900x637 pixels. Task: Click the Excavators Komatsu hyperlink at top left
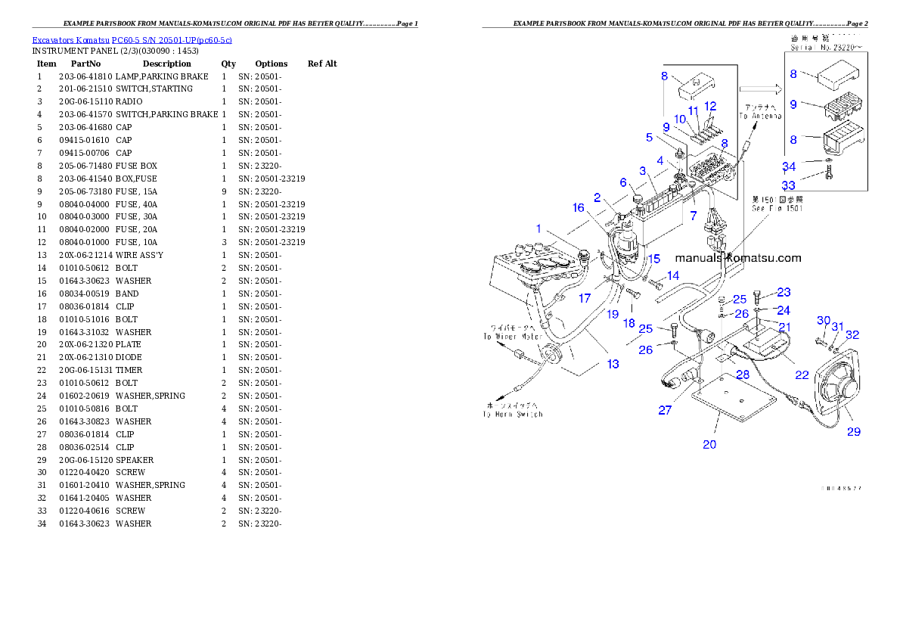click(x=132, y=39)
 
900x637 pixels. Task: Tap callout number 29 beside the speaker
click(x=853, y=432)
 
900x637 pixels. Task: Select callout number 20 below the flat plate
click(x=709, y=444)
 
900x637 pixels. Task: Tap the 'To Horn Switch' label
click(x=514, y=414)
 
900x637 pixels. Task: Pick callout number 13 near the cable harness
click(x=613, y=364)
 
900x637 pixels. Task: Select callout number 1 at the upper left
click(x=539, y=228)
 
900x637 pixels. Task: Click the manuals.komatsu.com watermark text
click(x=737, y=258)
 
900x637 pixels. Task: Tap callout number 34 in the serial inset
click(x=789, y=166)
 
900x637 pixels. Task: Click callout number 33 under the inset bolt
click(x=788, y=185)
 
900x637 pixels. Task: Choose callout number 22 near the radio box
click(x=802, y=374)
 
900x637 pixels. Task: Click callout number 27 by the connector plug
click(x=665, y=410)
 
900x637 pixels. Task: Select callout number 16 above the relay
click(x=578, y=207)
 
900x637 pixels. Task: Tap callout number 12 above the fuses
click(x=710, y=106)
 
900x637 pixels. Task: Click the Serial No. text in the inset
click(x=826, y=47)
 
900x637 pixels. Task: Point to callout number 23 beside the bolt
click(x=783, y=292)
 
